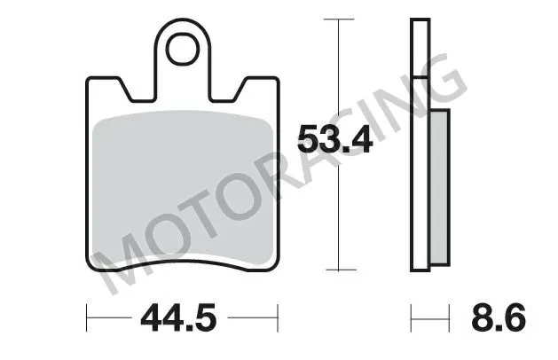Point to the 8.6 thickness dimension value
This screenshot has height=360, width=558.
(499, 316)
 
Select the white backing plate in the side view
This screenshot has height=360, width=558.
(418, 142)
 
